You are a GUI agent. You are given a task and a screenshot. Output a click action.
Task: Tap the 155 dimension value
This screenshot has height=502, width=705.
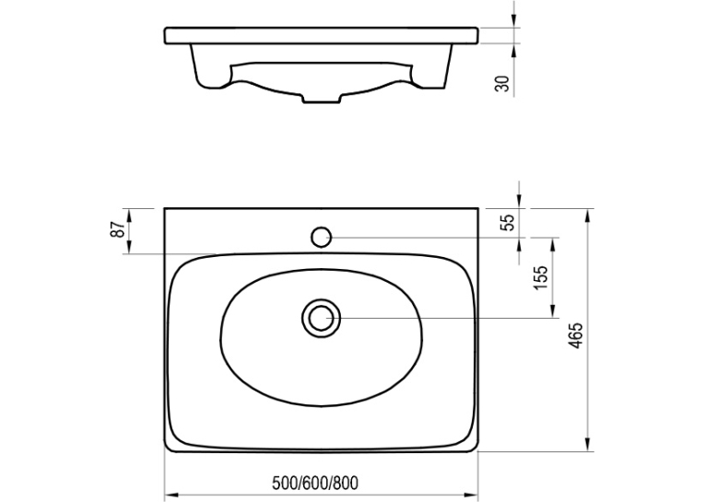pyautogui.click(x=541, y=278)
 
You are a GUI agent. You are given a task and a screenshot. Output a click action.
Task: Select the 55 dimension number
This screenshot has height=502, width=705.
pyautogui.click(x=508, y=223)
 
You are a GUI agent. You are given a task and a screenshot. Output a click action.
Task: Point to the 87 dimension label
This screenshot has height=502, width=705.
pyautogui.click(x=117, y=229)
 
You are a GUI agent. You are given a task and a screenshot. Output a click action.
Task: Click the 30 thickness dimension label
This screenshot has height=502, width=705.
pyautogui.click(x=503, y=84)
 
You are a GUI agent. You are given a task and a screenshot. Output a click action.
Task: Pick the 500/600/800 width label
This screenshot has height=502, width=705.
pyautogui.click(x=315, y=484)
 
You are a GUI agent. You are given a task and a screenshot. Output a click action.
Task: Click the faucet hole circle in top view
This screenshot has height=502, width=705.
pyautogui.click(x=321, y=237)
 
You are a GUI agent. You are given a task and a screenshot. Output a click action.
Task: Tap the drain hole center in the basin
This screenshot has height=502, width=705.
pyautogui.click(x=321, y=318)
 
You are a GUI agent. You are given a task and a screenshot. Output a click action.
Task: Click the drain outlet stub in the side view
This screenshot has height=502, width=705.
pyautogui.click(x=322, y=99)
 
